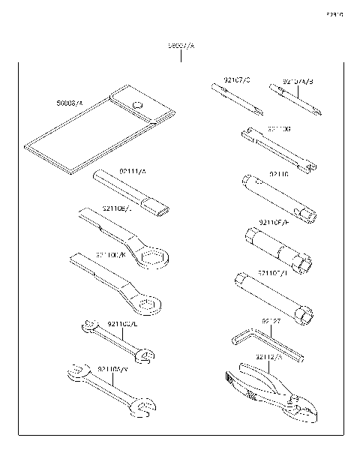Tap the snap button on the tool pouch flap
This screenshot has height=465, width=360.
[x=137, y=104]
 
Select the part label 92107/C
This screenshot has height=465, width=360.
[x=237, y=79]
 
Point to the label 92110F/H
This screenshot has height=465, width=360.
[x=272, y=222]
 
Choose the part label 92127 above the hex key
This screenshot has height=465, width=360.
[x=271, y=320]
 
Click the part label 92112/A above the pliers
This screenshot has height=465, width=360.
[x=268, y=357]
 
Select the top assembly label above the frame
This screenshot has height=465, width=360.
[x=181, y=46]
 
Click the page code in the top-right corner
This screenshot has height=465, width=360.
[x=334, y=13]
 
